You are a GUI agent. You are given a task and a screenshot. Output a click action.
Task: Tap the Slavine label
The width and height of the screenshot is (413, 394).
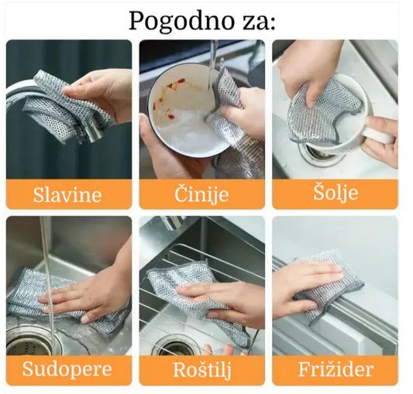pyautogui.click(x=67, y=194)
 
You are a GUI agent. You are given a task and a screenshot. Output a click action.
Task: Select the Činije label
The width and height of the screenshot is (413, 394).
pyautogui.click(x=201, y=194)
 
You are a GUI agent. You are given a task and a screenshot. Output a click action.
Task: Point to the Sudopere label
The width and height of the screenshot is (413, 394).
pyautogui.click(x=67, y=368)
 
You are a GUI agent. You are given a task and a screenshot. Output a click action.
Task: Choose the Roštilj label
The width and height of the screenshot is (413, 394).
pyautogui.click(x=201, y=368)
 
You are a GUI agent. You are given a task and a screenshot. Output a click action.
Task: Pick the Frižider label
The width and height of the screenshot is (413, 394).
pyautogui.click(x=335, y=368)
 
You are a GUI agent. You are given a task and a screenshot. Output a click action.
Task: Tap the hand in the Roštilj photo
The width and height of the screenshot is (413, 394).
pyautogui.click(x=225, y=298)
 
